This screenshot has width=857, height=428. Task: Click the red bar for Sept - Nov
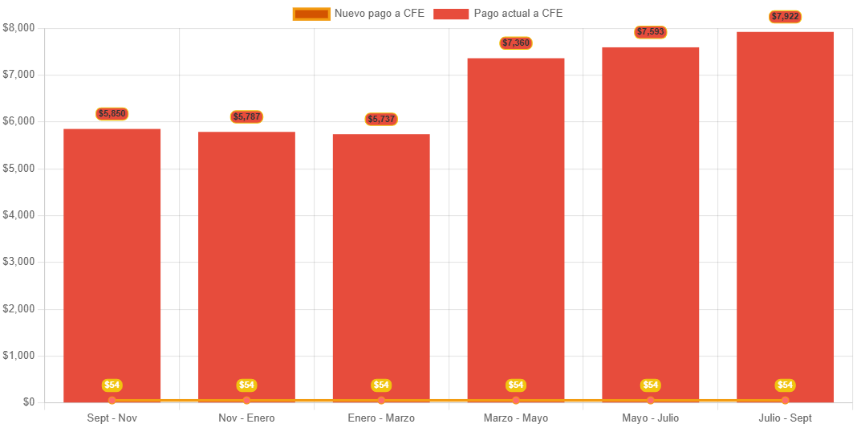(x=112, y=265)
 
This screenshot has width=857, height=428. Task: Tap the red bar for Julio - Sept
(x=785, y=217)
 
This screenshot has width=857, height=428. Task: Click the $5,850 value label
(x=112, y=114)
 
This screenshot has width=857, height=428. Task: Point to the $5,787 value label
(x=246, y=117)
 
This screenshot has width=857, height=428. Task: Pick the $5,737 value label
(x=381, y=120)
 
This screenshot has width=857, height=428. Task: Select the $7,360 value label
(x=516, y=43)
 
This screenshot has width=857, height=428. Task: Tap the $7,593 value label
(x=651, y=32)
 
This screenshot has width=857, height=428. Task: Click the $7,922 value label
(x=785, y=17)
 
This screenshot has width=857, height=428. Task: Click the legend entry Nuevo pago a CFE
(x=359, y=14)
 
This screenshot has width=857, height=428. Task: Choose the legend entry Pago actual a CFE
(x=498, y=14)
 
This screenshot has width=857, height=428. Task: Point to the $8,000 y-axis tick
(x=19, y=27)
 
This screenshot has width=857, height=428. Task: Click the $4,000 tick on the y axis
(x=19, y=215)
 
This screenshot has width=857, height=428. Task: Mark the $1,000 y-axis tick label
(x=19, y=356)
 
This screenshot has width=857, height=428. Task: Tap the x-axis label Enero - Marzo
(x=381, y=418)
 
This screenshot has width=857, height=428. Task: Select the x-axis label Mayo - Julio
(x=651, y=418)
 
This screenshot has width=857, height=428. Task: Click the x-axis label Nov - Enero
(x=246, y=418)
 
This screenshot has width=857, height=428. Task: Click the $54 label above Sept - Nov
(x=112, y=385)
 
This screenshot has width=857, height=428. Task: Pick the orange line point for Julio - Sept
(x=785, y=400)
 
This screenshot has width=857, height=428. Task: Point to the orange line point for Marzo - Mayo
(x=516, y=400)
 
